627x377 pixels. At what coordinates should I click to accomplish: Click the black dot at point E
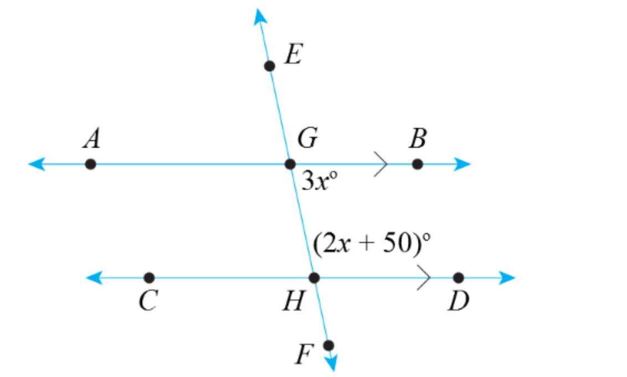[269, 66]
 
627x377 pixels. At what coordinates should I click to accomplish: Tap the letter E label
[292, 55]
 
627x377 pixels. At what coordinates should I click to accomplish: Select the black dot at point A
[90, 164]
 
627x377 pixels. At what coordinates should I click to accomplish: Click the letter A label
[92, 138]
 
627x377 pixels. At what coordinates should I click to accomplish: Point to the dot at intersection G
[290, 164]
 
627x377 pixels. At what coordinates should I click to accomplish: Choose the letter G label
[307, 138]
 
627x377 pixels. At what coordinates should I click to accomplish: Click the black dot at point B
[418, 164]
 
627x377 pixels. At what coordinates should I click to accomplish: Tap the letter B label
[418, 138]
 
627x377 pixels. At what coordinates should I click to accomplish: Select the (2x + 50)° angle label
[372, 243]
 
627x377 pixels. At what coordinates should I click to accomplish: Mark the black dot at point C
[149, 277]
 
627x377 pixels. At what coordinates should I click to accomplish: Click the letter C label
[148, 302]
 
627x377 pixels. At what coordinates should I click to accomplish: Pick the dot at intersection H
[314, 277]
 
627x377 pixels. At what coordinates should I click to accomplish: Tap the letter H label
[293, 302]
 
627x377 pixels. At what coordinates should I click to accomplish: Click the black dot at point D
[458, 277]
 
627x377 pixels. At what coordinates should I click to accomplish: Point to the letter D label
[458, 302]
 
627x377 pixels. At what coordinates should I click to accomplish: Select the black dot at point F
[328, 345]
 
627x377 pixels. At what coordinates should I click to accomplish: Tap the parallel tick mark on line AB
[381, 164]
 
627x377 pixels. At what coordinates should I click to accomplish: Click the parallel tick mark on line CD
[424, 277]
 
